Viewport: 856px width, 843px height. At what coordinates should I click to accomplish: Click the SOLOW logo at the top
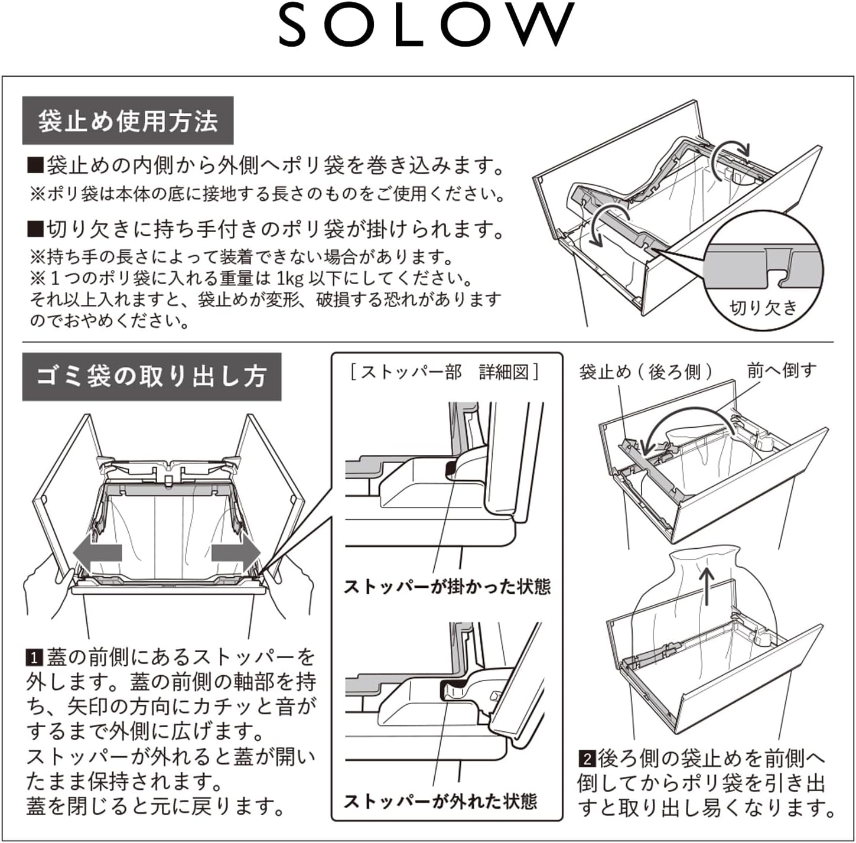pyautogui.click(x=427, y=25)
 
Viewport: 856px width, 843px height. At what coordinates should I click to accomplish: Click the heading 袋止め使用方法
pyautogui.click(x=128, y=121)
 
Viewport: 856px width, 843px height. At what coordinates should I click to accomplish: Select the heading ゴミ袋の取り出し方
pyautogui.click(x=151, y=377)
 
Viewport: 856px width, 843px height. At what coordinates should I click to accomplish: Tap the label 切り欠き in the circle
pyautogui.click(x=763, y=307)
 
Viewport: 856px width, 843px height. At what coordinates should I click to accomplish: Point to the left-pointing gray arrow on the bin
pyautogui.click(x=97, y=553)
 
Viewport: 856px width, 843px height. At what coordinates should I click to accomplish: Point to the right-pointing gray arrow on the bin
pyautogui.click(x=236, y=553)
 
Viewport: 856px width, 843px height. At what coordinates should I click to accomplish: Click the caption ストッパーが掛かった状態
pyautogui.click(x=447, y=587)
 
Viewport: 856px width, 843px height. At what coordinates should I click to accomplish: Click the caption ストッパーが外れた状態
pyautogui.click(x=440, y=801)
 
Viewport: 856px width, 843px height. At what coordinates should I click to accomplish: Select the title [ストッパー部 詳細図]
pyautogui.click(x=444, y=372)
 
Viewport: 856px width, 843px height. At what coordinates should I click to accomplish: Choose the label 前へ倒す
pyautogui.click(x=782, y=370)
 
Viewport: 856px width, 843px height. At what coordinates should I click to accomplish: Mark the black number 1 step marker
pyautogui.click(x=34, y=657)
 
